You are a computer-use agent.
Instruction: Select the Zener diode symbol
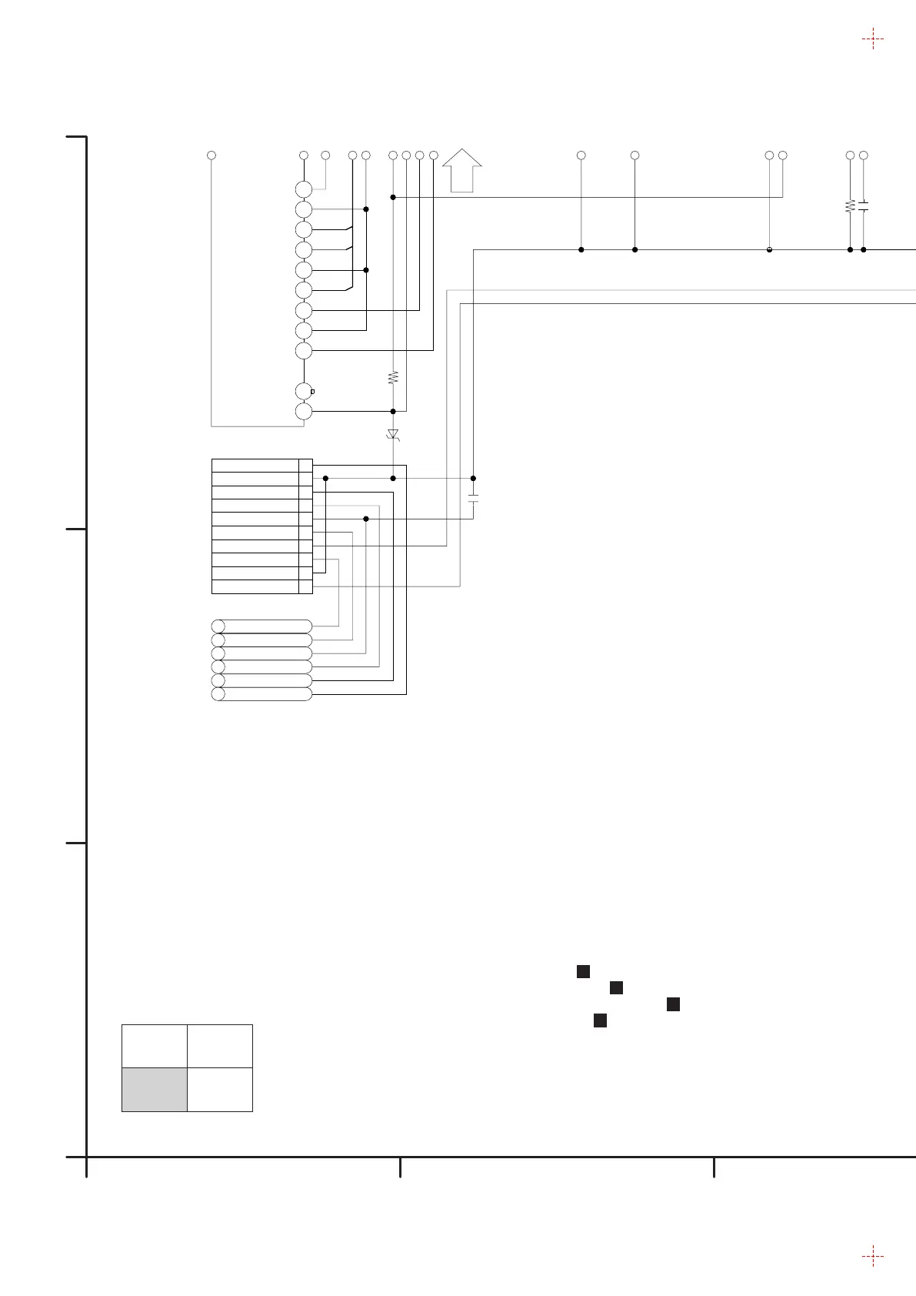(393, 435)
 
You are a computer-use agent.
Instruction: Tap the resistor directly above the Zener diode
(393, 378)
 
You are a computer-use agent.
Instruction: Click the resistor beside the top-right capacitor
(850, 205)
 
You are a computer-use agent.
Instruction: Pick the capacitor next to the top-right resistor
(864, 205)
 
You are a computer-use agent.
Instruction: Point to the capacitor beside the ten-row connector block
(473, 498)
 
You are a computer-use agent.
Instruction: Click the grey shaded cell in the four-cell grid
(155, 1089)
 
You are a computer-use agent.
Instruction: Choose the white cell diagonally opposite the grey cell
(220, 1046)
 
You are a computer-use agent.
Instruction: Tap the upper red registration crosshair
(872, 38)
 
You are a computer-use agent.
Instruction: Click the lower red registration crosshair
(872, 1257)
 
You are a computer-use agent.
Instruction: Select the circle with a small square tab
(305, 391)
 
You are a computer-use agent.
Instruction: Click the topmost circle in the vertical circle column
(304, 189)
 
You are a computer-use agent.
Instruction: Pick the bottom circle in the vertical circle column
(304, 411)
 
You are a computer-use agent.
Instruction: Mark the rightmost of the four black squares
(673, 1004)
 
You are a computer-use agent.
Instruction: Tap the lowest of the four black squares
(601, 1020)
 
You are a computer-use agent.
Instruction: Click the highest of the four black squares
(583, 971)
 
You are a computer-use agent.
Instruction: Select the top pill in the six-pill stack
(261, 626)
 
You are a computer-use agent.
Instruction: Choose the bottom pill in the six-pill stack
(261, 694)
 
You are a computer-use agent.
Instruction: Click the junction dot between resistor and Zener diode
(393, 411)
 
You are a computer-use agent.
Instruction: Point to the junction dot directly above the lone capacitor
(473, 478)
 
